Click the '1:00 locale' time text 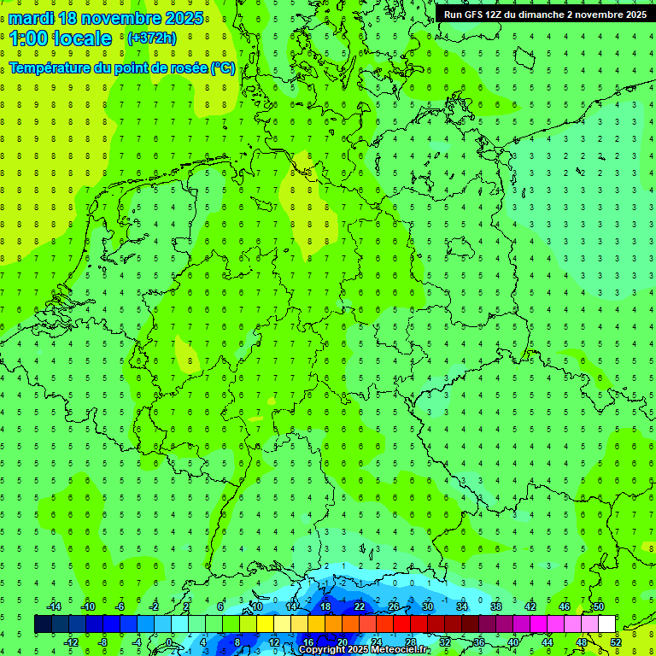(x=61, y=38)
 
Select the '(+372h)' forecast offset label (x=151, y=38)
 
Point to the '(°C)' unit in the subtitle (x=222, y=67)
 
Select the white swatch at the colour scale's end (x=606, y=624)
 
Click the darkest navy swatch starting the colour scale (x=43, y=624)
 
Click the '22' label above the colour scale (x=360, y=606)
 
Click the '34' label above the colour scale (x=462, y=606)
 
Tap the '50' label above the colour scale (x=599, y=606)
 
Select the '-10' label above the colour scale (x=87, y=606)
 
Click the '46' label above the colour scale (x=565, y=606)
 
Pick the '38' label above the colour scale (x=496, y=606)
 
